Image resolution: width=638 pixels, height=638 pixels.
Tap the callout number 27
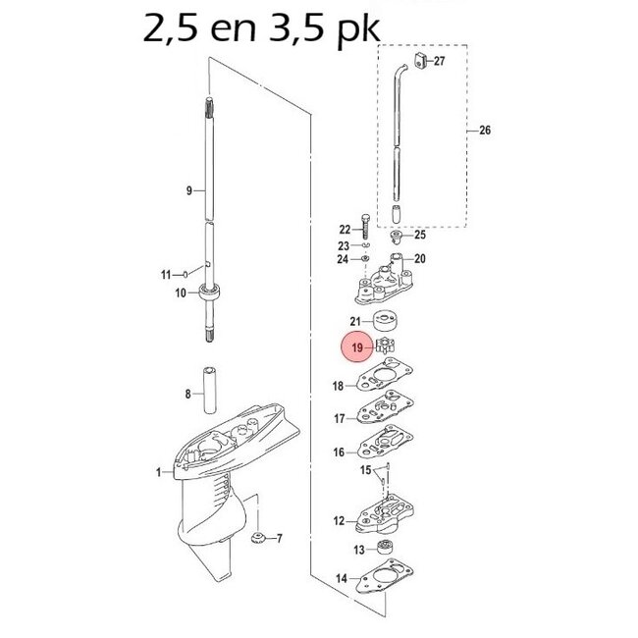coord(439,61)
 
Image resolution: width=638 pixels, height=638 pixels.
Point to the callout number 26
coord(482,131)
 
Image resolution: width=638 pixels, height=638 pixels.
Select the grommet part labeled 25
coord(397,237)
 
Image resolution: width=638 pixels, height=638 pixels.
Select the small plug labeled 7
coord(261,537)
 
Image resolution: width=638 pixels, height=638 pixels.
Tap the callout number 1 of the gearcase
coord(158,473)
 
